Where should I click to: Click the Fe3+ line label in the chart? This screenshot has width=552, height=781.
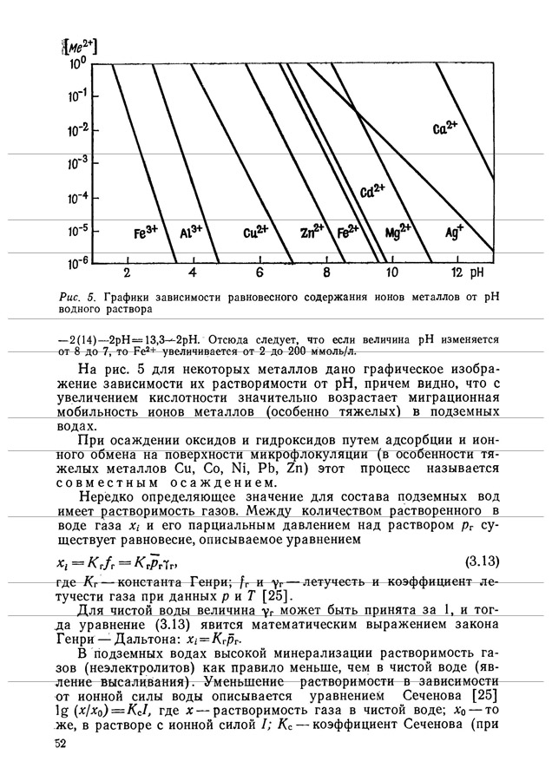coord(145,233)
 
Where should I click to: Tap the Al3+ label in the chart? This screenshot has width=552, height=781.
coord(190,233)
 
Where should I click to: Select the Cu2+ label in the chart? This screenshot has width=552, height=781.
coord(256,233)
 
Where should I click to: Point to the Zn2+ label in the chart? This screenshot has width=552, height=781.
coord(311,232)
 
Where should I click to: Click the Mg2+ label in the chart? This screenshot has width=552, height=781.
coord(398,233)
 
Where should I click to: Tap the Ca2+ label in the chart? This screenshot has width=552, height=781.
coord(444,128)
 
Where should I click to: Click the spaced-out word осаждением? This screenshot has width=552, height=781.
coord(222,483)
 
